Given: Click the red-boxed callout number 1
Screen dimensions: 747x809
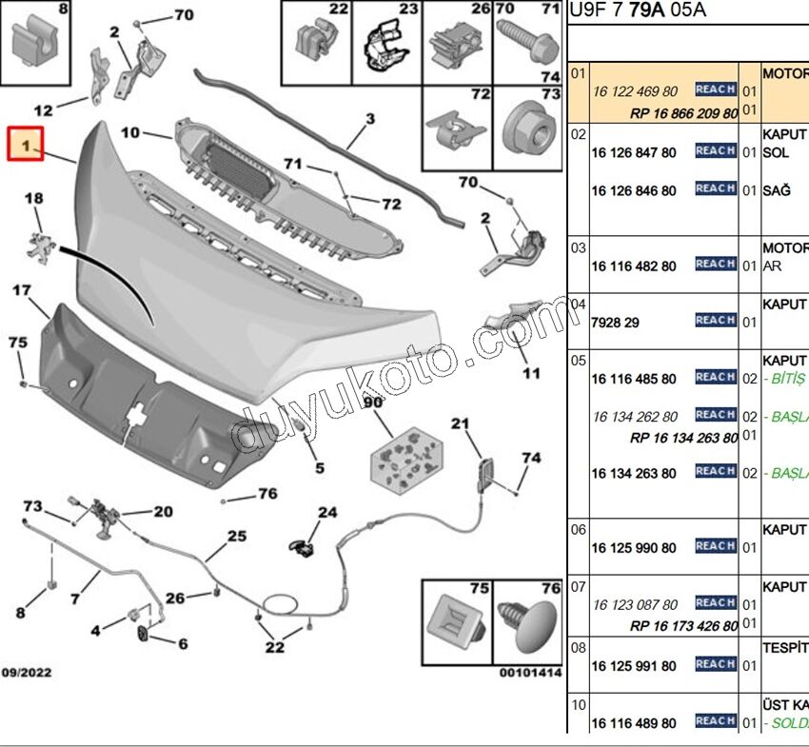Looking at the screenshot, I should click(26, 146).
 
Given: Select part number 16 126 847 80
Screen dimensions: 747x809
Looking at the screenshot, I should click(633, 152).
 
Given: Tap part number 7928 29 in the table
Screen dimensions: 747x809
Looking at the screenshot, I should click(615, 323).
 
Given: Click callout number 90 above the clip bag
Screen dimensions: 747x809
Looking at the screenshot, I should click(372, 403).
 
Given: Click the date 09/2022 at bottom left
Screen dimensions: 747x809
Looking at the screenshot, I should click(26, 673).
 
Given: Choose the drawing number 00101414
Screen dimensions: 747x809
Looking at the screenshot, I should click(531, 673).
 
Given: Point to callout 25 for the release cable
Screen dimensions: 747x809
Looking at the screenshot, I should click(236, 537).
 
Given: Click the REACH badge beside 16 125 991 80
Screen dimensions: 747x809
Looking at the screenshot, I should click(715, 664).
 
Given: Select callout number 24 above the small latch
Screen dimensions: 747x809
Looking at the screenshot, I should click(326, 512).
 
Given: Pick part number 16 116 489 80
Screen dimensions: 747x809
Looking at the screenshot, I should click(633, 723).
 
